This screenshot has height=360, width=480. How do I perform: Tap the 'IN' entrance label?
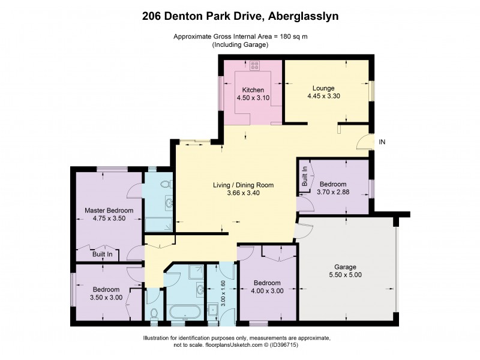[382, 142]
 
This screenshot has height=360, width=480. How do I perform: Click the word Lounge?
[323, 88]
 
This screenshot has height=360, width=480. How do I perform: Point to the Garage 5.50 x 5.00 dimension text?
[345, 275]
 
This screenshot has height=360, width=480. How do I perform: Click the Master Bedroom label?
[109, 211]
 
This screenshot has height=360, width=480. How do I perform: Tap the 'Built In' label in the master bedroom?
[102, 254]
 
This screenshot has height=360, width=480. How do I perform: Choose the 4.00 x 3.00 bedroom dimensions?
[267, 291]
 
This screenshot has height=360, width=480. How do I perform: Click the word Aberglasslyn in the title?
[302, 16]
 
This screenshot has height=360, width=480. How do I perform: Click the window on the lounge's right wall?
[372, 90]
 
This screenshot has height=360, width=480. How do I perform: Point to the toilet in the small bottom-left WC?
[154, 313]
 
